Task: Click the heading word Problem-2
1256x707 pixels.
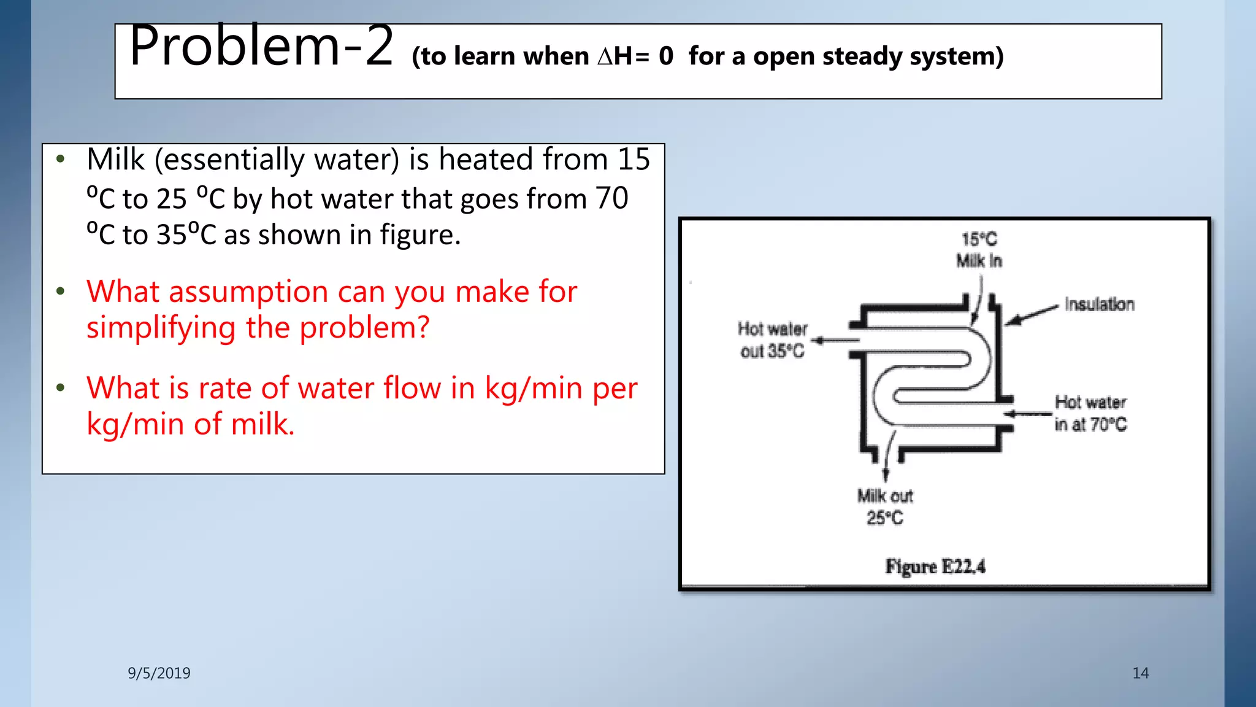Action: click(261, 47)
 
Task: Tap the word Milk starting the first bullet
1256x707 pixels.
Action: click(116, 160)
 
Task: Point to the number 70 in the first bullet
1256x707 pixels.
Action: click(611, 198)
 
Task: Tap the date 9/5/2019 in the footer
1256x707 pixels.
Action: click(159, 673)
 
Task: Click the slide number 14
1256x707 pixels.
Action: click(1140, 673)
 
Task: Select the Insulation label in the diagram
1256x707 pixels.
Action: click(1099, 304)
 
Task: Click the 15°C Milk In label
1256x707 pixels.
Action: click(979, 250)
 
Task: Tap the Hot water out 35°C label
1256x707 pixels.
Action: click(772, 340)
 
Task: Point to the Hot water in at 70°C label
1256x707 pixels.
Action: click(1090, 413)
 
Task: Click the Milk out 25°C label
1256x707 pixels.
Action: click(885, 507)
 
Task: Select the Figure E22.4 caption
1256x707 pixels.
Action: click(935, 566)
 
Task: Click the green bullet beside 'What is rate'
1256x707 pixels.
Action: click(60, 388)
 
